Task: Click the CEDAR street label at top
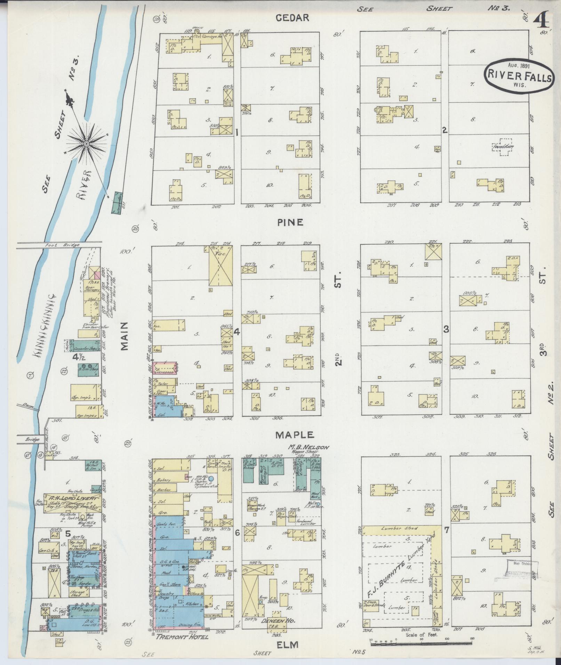(292, 18)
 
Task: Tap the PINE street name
(290, 222)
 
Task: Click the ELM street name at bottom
(288, 645)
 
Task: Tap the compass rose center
(86, 143)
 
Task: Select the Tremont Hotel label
(182, 637)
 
